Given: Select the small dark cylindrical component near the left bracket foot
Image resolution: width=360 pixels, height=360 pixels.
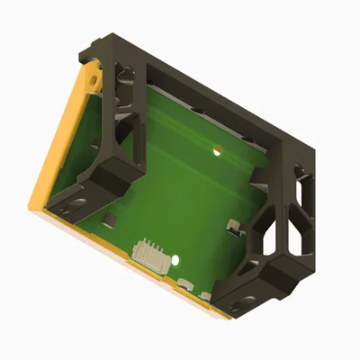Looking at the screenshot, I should pos(108,220).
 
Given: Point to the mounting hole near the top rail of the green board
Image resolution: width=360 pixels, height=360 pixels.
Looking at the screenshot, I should pos(216,150).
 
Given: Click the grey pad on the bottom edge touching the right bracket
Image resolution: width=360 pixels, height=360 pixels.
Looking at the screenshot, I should pos(209,296).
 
